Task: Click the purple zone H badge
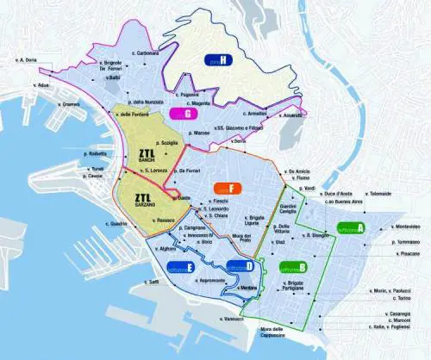coord(217,59)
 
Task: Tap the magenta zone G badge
coord(181,113)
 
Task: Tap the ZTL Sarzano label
coord(149,201)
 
